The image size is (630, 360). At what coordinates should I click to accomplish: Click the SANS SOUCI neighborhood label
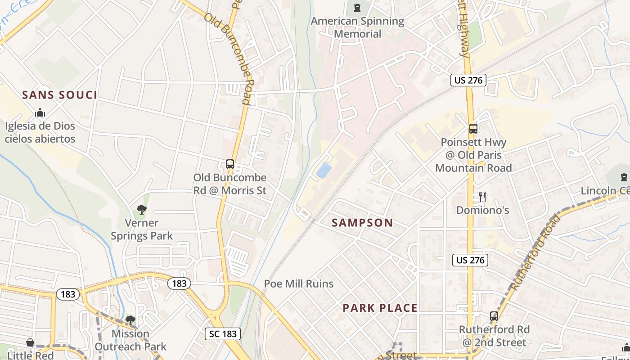click(x=59, y=95)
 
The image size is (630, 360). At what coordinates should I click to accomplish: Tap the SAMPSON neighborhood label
click(x=362, y=222)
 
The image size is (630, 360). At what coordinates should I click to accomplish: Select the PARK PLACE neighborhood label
click(x=380, y=308)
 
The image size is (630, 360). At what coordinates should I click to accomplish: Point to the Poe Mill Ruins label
click(x=299, y=283)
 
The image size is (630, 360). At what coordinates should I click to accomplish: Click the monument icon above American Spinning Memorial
click(x=357, y=7)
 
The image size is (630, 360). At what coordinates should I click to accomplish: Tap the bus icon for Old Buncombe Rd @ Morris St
click(x=230, y=164)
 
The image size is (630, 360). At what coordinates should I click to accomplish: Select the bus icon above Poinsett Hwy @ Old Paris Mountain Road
click(x=473, y=129)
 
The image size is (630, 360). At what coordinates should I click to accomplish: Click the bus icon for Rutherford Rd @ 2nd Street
click(x=494, y=316)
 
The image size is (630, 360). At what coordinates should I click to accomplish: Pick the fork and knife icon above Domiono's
click(x=482, y=197)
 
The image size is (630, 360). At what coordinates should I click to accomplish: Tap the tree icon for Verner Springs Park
click(x=142, y=209)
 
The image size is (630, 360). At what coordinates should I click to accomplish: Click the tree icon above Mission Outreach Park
click(x=130, y=320)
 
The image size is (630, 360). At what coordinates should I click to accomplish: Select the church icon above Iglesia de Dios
click(x=40, y=112)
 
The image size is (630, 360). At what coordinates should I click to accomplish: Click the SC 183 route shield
click(x=223, y=333)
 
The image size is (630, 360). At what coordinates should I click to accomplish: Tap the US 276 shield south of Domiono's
click(x=470, y=260)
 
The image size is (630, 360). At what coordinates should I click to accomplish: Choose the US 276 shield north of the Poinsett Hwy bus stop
click(x=468, y=80)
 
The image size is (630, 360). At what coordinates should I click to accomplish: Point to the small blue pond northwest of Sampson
click(x=324, y=170)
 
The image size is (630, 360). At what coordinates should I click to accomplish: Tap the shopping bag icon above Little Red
click(x=30, y=343)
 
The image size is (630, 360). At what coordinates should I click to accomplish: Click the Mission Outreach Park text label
click(x=130, y=340)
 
